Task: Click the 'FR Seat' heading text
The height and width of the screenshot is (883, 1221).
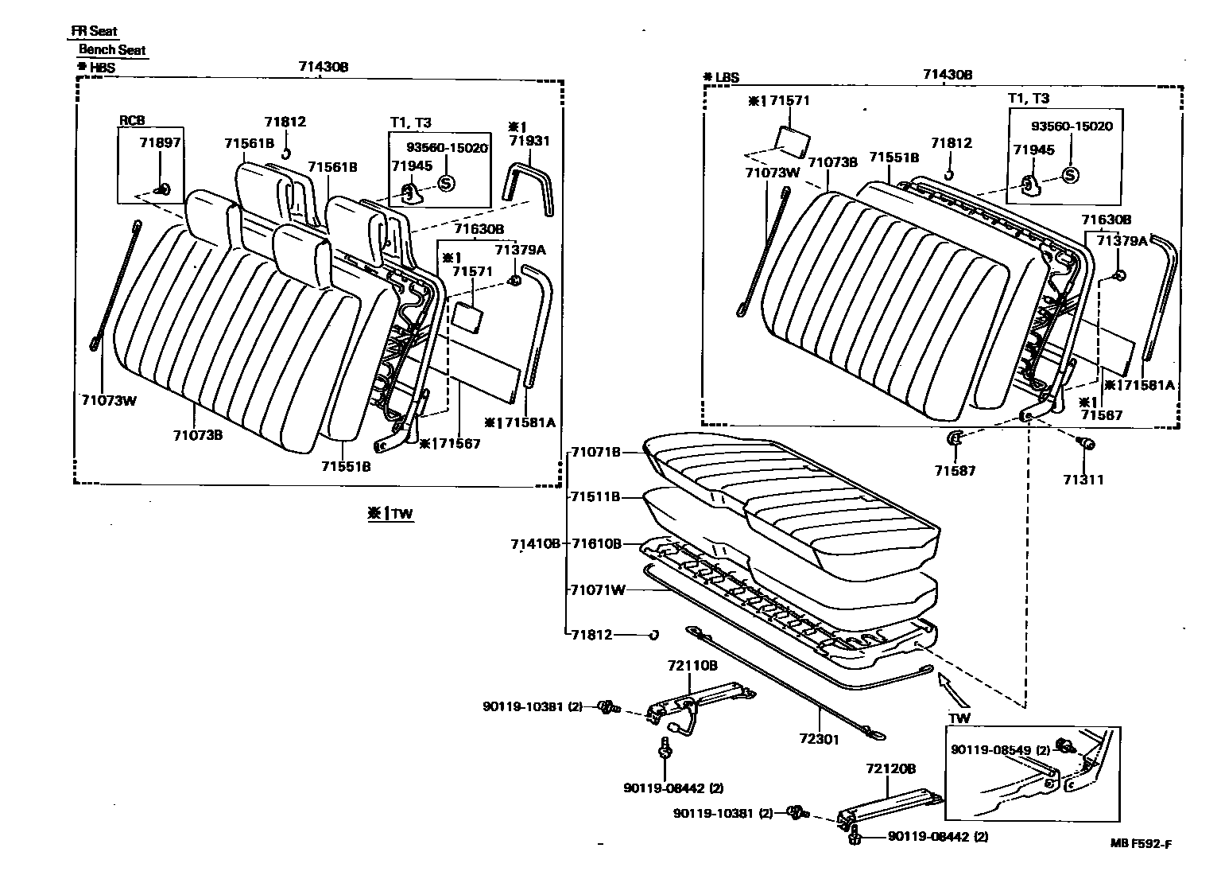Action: click(94, 32)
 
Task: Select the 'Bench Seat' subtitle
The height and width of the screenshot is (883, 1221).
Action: click(112, 49)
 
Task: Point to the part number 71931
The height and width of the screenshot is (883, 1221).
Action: click(529, 141)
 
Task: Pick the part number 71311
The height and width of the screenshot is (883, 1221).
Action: click(1083, 480)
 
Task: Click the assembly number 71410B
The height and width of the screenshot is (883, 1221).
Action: click(535, 543)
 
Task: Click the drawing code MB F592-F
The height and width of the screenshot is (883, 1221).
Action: click(1141, 844)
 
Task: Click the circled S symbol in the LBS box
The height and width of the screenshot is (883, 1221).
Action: click(1070, 176)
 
